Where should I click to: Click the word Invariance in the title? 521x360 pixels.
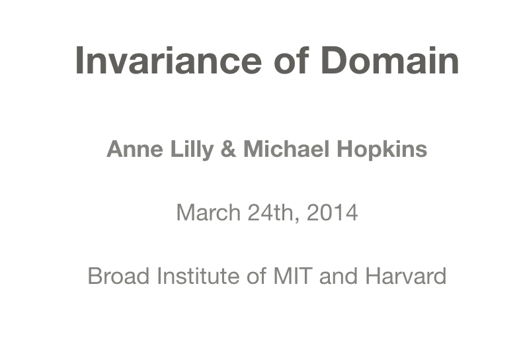(x=168, y=60)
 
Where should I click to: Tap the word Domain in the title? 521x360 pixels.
(x=389, y=60)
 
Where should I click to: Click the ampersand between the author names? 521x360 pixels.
(x=228, y=150)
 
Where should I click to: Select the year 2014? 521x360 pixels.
(x=333, y=213)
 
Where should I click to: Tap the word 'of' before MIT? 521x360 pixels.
(x=256, y=276)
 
